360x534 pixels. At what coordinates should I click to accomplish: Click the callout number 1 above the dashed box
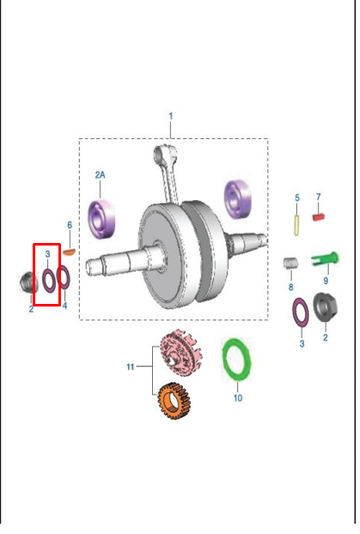171,116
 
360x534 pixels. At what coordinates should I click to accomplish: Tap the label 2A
100,175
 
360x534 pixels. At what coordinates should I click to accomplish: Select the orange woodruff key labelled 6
69,252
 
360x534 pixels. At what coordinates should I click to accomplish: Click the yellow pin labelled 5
296,225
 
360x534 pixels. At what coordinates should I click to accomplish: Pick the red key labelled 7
319,217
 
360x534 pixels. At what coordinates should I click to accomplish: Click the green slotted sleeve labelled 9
325,259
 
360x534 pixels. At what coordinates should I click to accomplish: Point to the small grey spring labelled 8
290,263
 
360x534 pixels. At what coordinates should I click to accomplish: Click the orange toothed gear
174,401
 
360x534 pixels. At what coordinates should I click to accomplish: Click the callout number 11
131,367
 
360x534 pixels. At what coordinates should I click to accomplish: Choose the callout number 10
238,397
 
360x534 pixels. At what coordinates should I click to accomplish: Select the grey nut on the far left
28,282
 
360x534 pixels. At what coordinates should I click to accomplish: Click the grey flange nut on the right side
326,308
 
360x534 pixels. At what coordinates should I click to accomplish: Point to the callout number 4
64,305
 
